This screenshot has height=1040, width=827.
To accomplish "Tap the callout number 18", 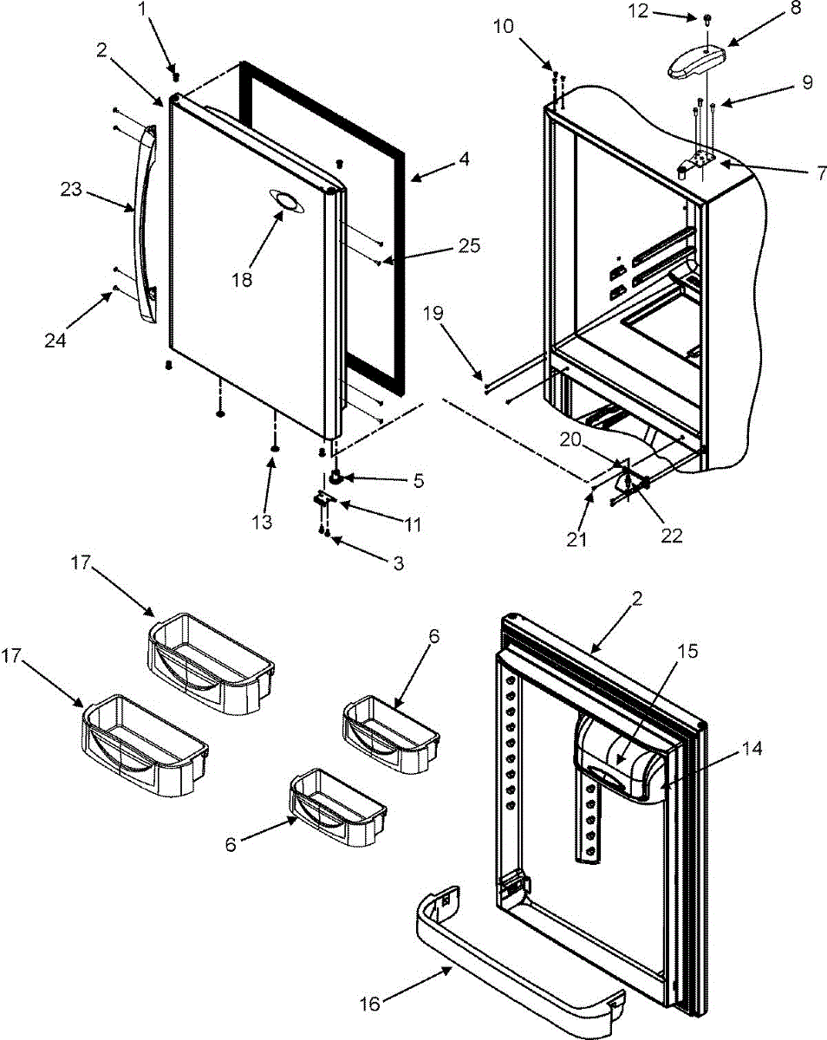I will click(x=243, y=281).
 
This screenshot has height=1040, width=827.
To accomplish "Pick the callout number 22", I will click(x=671, y=536).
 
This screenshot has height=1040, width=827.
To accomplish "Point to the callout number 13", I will click(x=262, y=522).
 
